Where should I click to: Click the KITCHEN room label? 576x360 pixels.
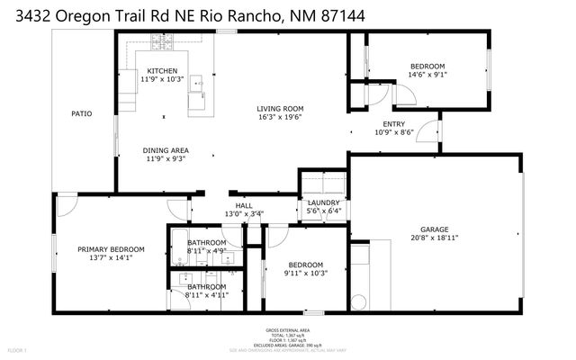(x=162, y=71)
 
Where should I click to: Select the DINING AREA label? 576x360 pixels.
(x=166, y=150)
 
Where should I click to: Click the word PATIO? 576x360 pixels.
(x=83, y=113)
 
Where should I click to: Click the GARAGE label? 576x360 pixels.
(x=434, y=229)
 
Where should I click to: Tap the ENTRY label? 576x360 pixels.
(x=393, y=124)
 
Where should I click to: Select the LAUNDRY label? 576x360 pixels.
(x=323, y=202)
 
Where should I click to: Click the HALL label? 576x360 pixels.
(x=244, y=205)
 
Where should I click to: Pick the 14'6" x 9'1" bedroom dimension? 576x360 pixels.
(x=427, y=75)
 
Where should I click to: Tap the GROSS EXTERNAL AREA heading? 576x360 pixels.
(x=287, y=330)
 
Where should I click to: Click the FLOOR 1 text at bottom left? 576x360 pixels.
(x=18, y=349)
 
